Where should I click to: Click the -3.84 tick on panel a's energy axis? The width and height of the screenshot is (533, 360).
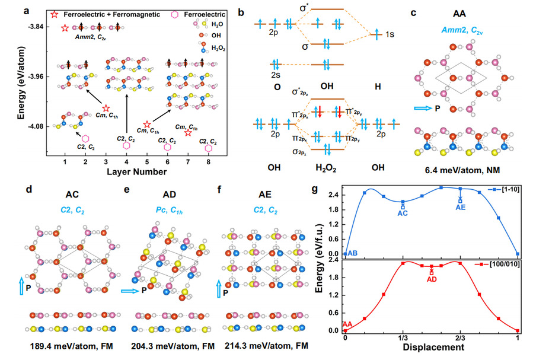pos(37,27)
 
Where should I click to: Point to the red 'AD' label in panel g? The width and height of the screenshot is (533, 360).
pos(432,279)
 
